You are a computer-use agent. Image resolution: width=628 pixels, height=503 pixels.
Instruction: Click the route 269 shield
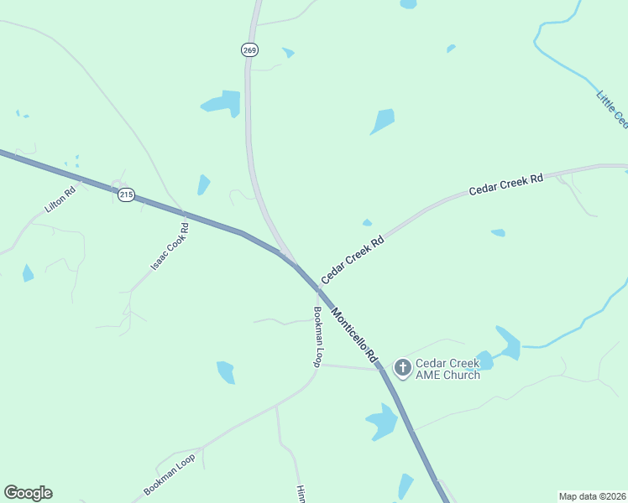point(249,50)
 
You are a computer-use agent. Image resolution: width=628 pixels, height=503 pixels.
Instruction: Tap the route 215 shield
point(126,194)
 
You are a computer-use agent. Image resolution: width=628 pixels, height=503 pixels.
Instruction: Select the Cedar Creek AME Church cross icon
point(403,367)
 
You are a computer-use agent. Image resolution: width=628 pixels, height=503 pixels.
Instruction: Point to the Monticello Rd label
point(353,335)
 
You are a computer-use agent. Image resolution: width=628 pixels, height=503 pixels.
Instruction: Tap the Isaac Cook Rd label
point(170,246)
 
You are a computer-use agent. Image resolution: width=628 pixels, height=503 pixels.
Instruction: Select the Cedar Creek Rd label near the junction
point(352,259)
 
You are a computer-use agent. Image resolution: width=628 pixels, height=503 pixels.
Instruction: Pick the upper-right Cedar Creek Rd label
point(506,185)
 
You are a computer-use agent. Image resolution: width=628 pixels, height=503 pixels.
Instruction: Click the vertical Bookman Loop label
point(318,336)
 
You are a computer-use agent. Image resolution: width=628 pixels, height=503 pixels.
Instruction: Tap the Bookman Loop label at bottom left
point(169,474)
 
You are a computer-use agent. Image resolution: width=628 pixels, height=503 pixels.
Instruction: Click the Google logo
point(28,493)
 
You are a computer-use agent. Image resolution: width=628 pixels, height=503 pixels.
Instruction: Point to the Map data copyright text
point(592,496)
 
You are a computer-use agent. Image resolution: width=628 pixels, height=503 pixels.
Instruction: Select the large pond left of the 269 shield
point(222,102)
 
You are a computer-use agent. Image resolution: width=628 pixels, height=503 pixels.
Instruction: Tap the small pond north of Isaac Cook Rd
point(203,184)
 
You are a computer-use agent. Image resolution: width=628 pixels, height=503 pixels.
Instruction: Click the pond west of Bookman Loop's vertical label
point(226,371)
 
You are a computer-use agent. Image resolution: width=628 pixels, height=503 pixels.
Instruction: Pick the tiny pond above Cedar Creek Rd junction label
point(367,223)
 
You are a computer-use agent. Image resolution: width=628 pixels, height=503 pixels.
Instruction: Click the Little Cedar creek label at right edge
point(611,109)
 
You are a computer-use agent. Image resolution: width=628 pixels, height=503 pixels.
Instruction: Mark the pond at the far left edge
point(28,272)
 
